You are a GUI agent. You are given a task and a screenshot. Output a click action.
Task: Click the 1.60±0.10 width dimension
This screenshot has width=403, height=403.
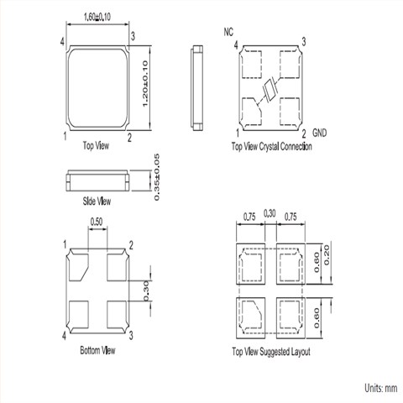[97, 17]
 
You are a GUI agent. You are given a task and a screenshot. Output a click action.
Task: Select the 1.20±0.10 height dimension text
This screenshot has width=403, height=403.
[145, 84]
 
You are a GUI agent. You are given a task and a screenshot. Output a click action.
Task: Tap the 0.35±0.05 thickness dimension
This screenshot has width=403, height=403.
[157, 177]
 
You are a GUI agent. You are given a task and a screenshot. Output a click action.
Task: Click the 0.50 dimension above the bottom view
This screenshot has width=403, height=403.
[97, 222]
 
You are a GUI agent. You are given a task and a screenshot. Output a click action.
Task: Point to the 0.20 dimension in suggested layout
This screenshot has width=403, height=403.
[327, 255]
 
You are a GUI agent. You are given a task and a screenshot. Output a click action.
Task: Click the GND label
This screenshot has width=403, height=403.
[319, 133]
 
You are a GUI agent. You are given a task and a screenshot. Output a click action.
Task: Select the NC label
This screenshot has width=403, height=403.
[228, 32]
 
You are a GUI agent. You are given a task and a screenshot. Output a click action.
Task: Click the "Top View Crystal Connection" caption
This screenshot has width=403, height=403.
[271, 146]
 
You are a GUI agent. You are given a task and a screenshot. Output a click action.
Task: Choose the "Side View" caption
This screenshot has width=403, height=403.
[97, 201]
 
